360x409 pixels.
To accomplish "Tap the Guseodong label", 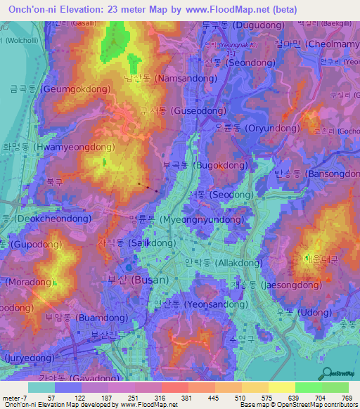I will [182, 111].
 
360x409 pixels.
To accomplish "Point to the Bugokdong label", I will [205, 165].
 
